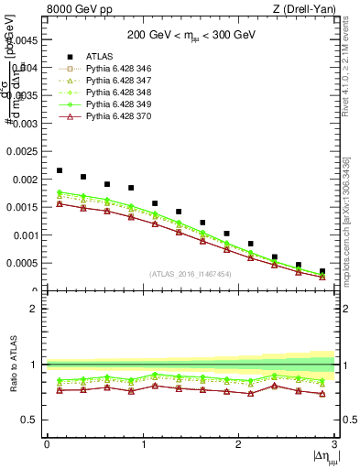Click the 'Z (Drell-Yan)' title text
click(308, 10)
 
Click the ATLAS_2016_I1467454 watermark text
click(191, 274)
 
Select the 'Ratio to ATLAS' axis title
click(12, 365)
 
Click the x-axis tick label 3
click(335, 444)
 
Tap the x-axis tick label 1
click(143, 444)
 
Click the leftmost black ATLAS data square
click(60, 170)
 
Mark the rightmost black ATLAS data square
click(322, 272)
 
